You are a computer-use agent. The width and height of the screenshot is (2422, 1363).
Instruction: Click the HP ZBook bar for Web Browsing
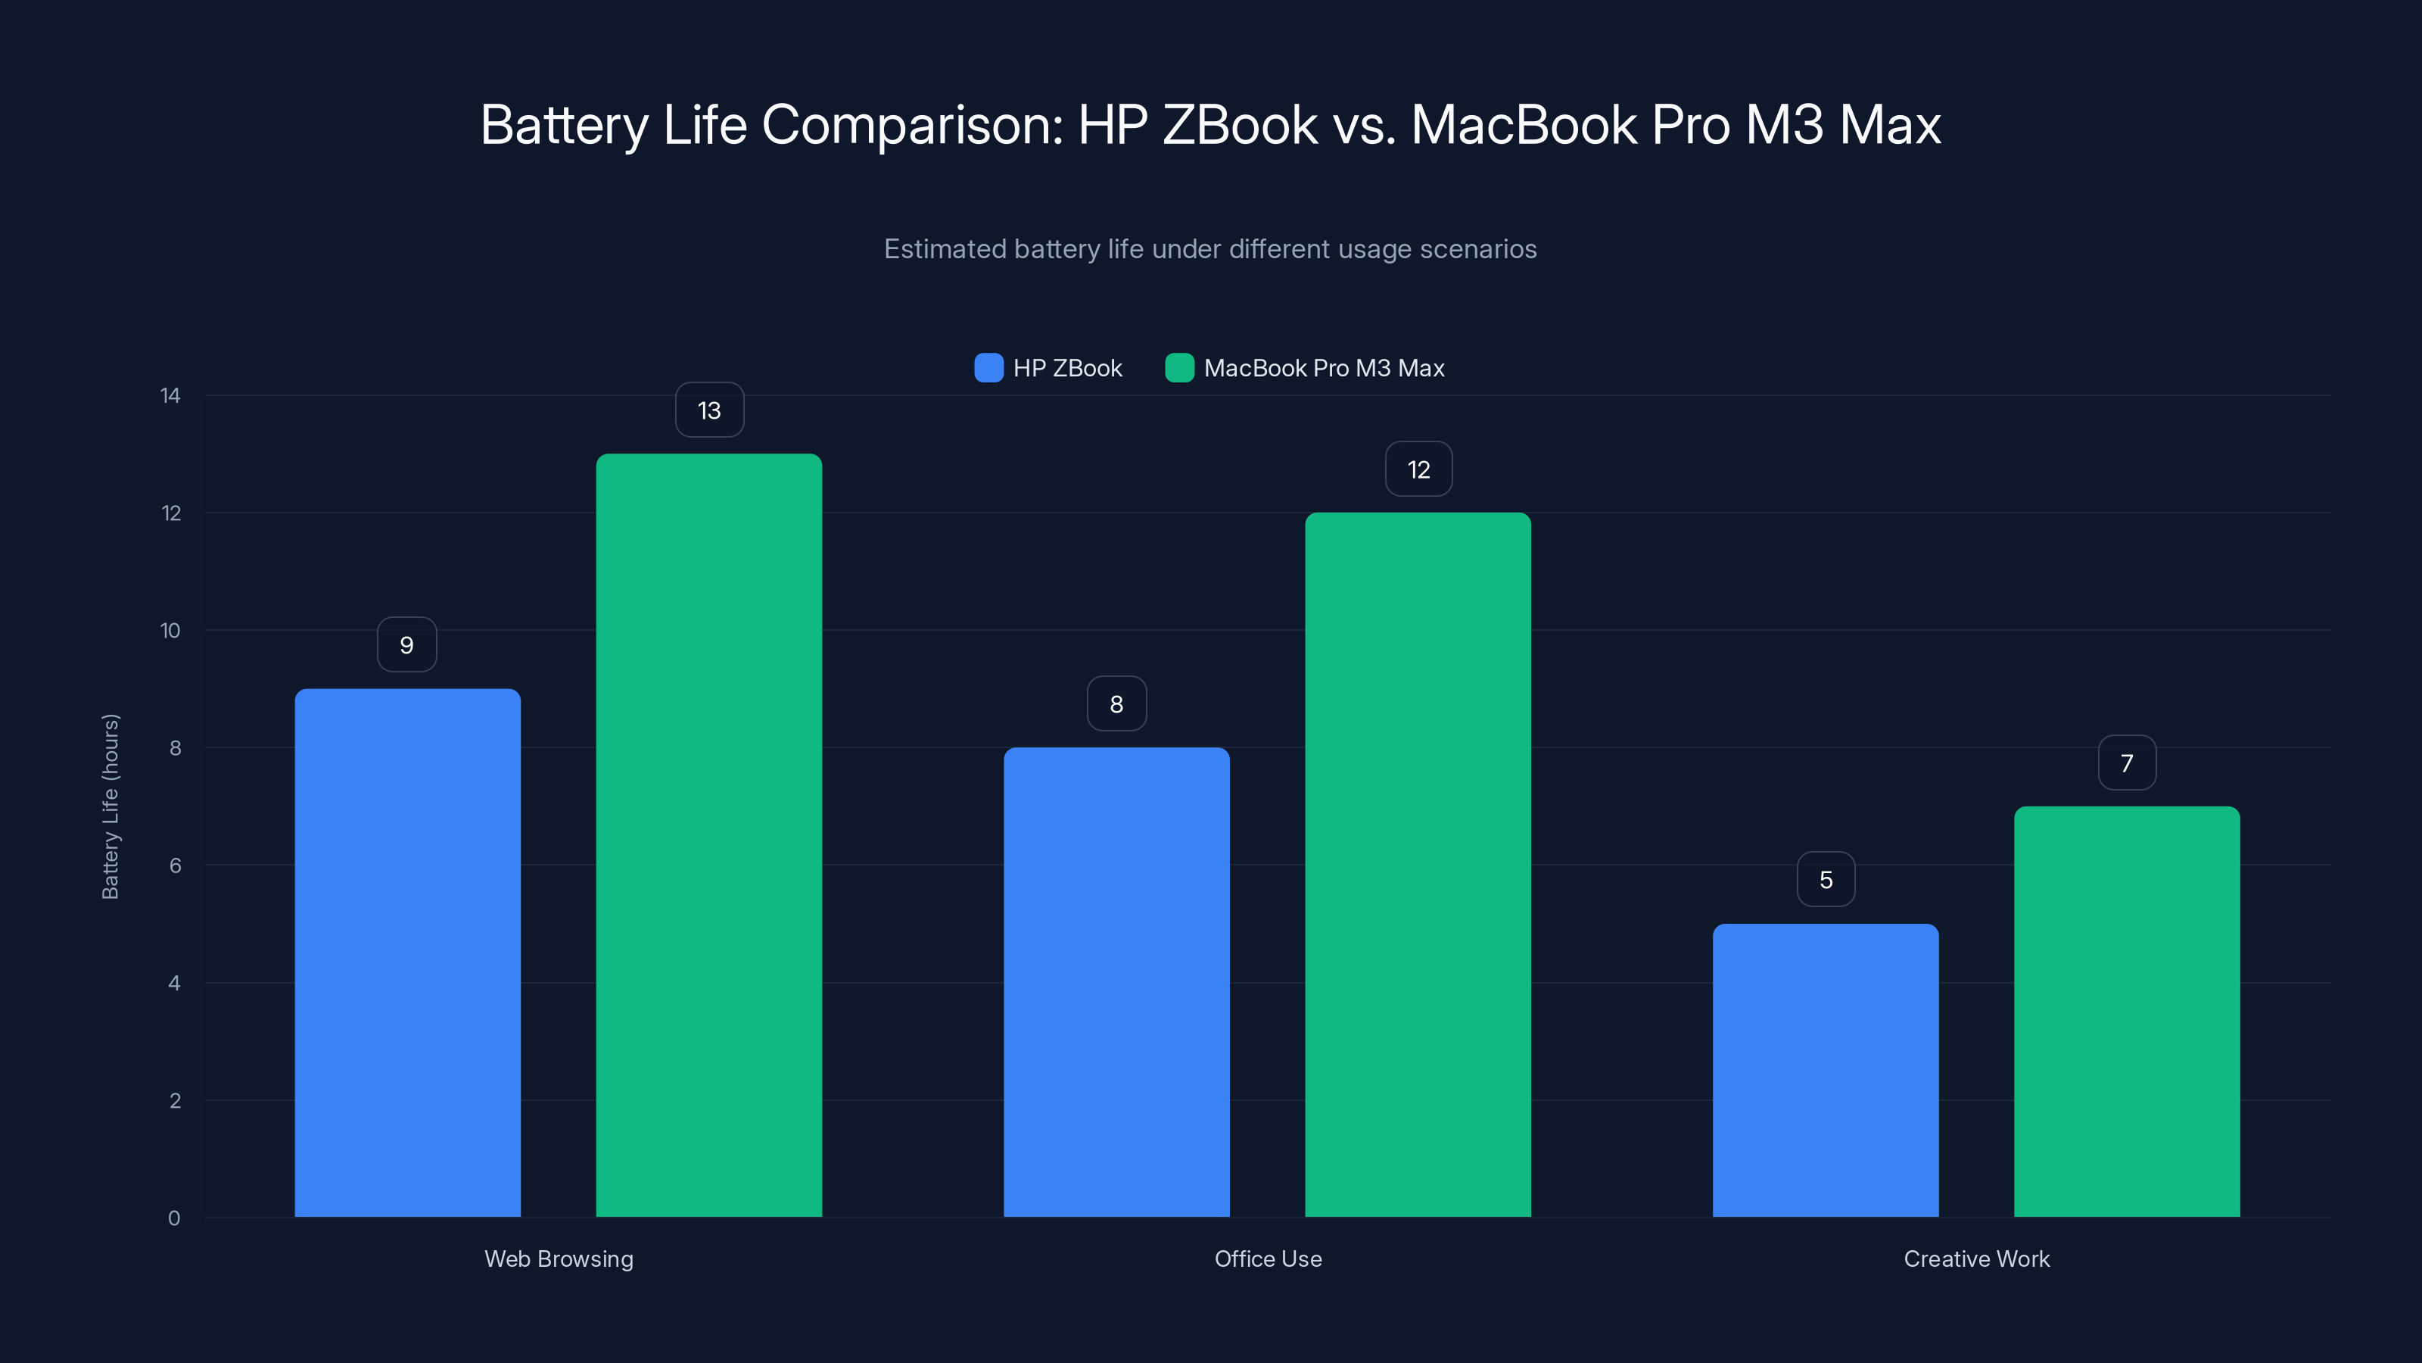[x=407, y=952]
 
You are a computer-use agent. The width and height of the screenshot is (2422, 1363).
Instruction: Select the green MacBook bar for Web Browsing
[x=709, y=834]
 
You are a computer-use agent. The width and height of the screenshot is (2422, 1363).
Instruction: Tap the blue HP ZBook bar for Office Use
[x=1116, y=982]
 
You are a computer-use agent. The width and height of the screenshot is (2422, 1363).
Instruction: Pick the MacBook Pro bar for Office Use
[x=1418, y=865]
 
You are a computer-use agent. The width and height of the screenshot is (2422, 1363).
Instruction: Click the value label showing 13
[x=709, y=410]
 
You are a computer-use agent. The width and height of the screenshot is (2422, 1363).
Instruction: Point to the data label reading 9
[x=406, y=645]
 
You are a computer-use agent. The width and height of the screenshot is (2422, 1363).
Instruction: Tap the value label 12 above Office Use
[x=1418, y=469]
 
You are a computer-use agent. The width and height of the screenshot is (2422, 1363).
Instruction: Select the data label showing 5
[x=1825, y=879]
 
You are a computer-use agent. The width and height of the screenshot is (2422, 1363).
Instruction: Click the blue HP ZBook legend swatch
[x=988, y=368]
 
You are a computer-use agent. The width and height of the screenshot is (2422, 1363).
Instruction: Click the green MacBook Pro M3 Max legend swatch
[x=1179, y=368]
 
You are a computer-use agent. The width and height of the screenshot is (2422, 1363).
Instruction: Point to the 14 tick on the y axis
[x=170, y=395]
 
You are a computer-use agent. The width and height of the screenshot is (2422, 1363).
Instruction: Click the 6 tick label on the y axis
[x=175, y=866]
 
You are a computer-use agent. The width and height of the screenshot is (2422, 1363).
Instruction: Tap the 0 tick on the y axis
[x=174, y=1218]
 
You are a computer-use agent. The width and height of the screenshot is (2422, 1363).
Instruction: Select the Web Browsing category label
[x=559, y=1259]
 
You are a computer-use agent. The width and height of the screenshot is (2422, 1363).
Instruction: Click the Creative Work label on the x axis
[x=1976, y=1259]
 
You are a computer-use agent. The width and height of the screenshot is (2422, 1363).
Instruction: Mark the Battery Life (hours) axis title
[x=110, y=806]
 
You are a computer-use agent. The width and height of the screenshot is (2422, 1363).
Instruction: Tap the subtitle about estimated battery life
[x=1210, y=249]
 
